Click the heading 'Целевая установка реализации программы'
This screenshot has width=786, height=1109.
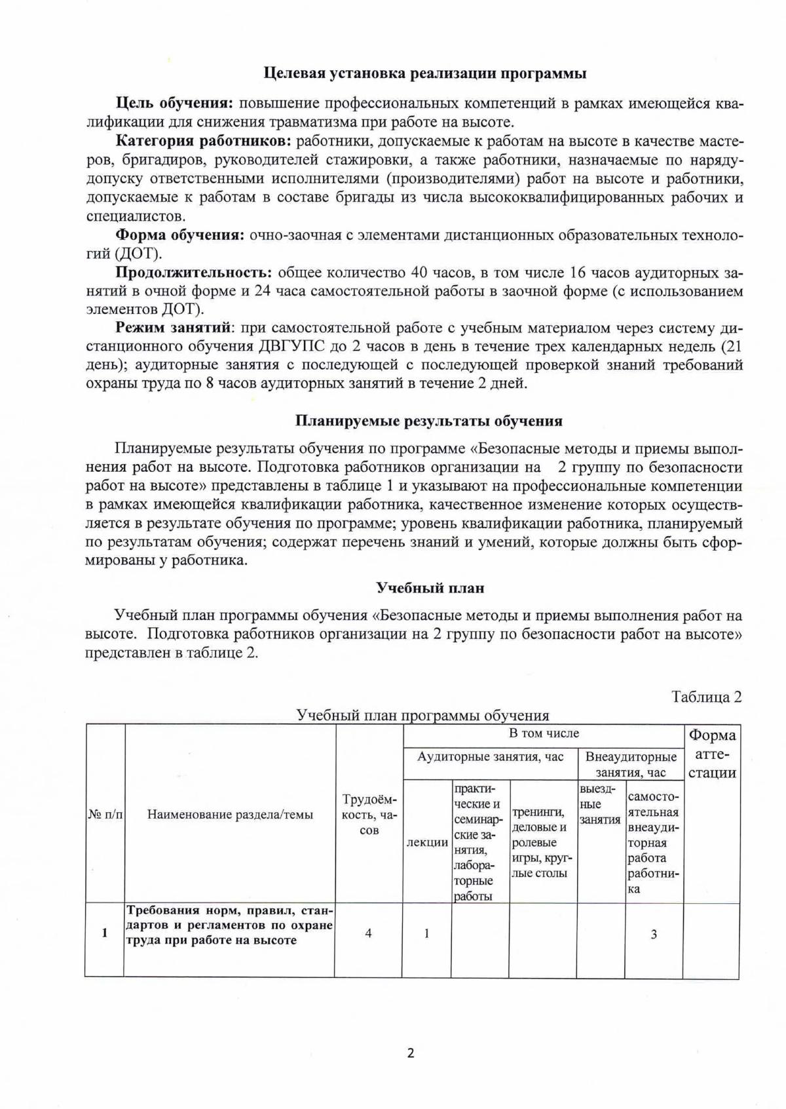(x=424, y=73)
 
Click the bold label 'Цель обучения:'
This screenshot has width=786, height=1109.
(x=175, y=104)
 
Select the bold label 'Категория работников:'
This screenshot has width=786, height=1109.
(x=204, y=141)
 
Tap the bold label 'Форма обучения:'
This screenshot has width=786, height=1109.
(x=180, y=235)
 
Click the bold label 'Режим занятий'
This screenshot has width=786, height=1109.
(x=173, y=328)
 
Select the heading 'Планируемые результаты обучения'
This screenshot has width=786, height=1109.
(x=428, y=421)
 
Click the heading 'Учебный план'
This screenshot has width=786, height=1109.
(x=430, y=588)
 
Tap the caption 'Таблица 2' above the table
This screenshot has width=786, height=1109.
(x=706, y=697)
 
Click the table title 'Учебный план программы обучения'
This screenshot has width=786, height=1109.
(x=422, y=715)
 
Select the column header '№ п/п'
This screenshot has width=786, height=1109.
(x=105, y=815)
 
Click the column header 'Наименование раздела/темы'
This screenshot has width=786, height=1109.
(x=230, y=815)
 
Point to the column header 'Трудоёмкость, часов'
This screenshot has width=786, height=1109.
(x=369, y=815)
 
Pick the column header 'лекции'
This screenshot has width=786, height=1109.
(x=427, y=842)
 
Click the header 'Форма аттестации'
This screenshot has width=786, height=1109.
(x=712, y=754)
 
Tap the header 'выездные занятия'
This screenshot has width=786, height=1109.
(x=599, y=804)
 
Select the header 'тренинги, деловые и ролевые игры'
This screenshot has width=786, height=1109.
(x=542, y=842)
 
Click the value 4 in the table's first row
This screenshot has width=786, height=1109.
(x=369, y=933)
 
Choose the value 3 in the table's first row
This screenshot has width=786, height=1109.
(x=654, y=935)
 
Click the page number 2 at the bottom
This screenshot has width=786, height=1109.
(x=411, y=1053)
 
